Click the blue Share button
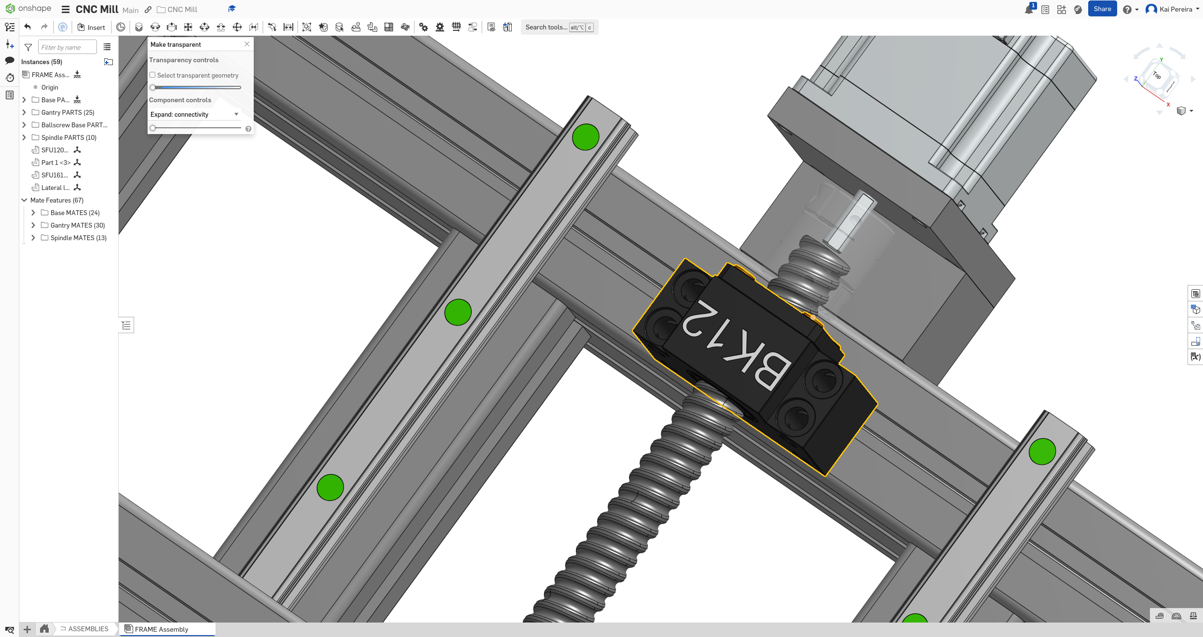1102,9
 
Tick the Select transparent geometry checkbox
152,75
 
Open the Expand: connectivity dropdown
194,114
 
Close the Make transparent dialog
247,44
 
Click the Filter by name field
67,47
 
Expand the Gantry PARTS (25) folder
24,112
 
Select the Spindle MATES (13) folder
78,238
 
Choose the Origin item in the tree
50,87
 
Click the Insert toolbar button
91,27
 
